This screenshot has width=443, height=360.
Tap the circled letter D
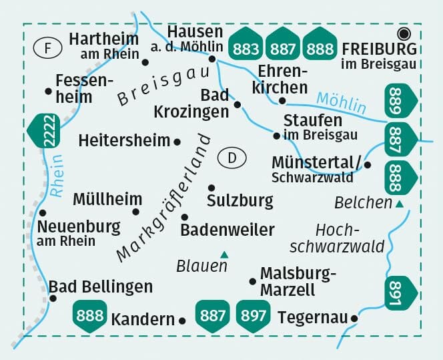coord(232,158)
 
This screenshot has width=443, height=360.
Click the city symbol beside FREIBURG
coord(403,33)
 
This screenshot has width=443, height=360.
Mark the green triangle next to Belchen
coord(399,204)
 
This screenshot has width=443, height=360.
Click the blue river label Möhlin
coord(341,101)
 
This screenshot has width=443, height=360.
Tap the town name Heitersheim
coord(124,141)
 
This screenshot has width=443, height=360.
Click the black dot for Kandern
coord(182,321)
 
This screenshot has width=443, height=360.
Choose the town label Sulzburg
coord(240,200)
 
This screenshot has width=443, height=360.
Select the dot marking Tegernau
coord(354,319)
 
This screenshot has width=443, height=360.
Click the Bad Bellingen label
coord(100,287)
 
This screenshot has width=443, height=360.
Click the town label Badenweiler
coord(227,230)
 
